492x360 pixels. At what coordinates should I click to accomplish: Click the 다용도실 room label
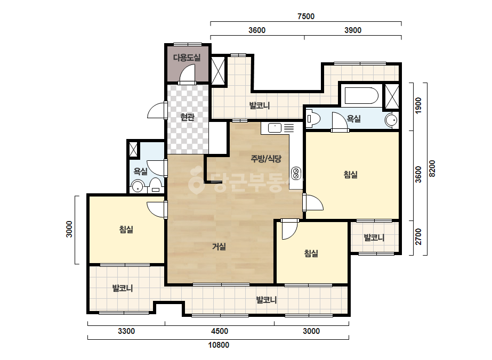(x=187, y=58)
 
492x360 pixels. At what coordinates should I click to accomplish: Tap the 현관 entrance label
(x=187, y=117)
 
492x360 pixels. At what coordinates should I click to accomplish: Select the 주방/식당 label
(x=266, y=159)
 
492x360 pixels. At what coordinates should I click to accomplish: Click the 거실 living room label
(x=219, y=247)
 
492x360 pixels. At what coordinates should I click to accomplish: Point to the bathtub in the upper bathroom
(x=361, y=95)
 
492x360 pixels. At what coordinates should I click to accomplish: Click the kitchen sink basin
(x=275, y=128)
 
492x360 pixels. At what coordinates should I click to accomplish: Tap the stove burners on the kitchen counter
(x=296, y=174)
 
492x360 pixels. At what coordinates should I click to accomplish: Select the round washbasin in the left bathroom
(x=138, y=186)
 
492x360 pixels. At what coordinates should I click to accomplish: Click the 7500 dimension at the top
(x=306, y=17)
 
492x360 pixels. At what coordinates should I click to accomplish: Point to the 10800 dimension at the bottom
(x=219, y=345)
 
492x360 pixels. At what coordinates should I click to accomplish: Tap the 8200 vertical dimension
(x=432, y=169)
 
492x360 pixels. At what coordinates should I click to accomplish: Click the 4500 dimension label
(x=220, y=331)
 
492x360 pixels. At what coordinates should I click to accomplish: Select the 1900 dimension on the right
(x=418, y=105)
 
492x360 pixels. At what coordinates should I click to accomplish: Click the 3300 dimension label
(x=126, y=331)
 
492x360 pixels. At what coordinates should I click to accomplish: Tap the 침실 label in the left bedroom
(x=126, y=230)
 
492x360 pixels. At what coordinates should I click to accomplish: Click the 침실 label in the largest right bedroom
(x=351, y=175)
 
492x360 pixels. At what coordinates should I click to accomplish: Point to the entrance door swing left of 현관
(x=156, y=110)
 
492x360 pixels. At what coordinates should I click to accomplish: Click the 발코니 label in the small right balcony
(x=374, y=238)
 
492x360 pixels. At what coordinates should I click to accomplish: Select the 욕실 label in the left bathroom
(x=141, y=171)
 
